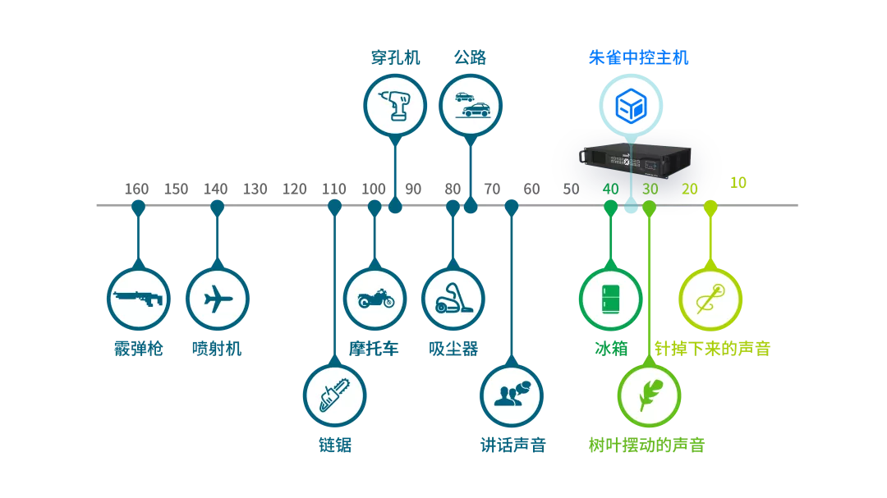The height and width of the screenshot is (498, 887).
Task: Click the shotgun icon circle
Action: pyautogui.click(x=139, y=299)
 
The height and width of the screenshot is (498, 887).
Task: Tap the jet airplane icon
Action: pyautogui.click(x=217, y=299)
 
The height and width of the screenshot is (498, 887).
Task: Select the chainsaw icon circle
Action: pyautogui.click(x=334, y=395)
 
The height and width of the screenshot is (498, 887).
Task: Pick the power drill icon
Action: pyautogui.click(x=395, y=104)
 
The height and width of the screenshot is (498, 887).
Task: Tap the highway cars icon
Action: pyautogui.click(x=470, y=104)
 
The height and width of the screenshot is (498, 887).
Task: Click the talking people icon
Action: pyautogui.click(x=512, y=395)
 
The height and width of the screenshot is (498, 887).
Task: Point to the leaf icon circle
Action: pyautogui.click(x=649, y=395)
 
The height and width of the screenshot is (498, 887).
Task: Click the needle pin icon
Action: pyautogui.click(x=710, y=299)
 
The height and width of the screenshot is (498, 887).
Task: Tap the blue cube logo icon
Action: pyautogui.click(x=630, y=104)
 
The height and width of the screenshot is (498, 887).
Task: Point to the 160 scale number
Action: pyautogui.click(x=136, y=190)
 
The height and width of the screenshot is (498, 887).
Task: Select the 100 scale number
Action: pyautogui.click(x=374, y=190)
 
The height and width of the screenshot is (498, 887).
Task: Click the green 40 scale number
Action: pyautogui.click(x=610, y=190)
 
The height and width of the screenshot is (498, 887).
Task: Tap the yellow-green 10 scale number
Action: pyautogui.click(x=738, y=182)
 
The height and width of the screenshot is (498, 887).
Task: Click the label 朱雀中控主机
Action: pyautogui.click(x=638, y=57)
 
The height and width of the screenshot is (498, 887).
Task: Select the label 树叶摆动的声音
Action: pyautogui.click(x=646, y=445)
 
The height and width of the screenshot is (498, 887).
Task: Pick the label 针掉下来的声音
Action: pyautogui.click(x=712, y=349)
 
